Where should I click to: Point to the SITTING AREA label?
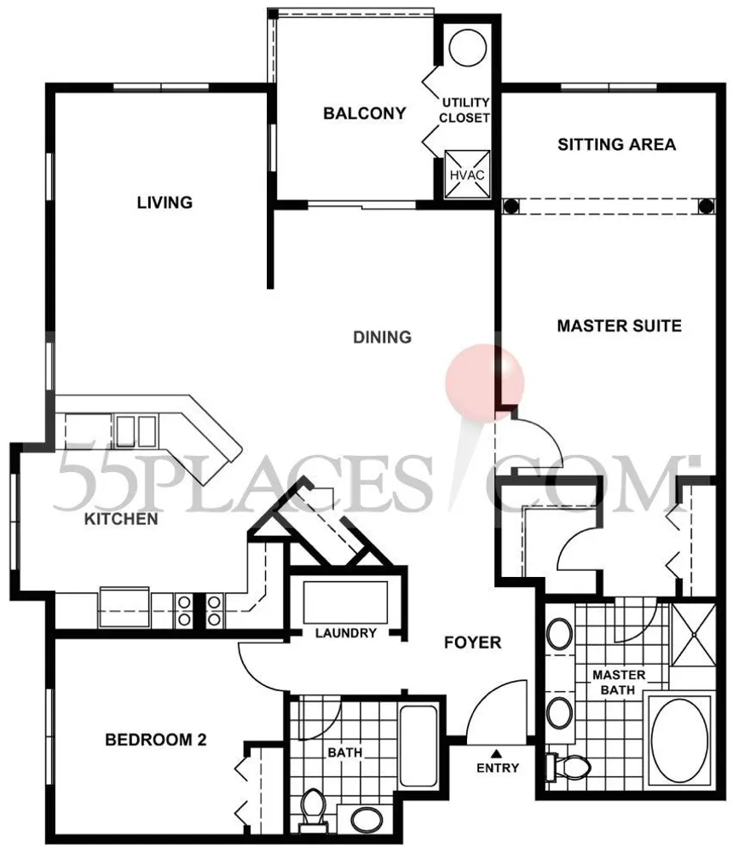tap(616, 144)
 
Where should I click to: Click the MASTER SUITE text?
tap(619, 325)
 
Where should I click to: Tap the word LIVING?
tap(164, 202)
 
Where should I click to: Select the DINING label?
tap(382, 337)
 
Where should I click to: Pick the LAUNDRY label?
tap(345, 633)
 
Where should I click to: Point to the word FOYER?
tap(472, 643)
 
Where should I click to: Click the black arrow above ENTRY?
tap(498, 752)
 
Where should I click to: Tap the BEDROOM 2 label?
tap(156, 740)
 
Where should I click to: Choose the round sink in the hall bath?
tap(367, 819)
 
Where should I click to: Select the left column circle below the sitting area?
tap(511, 205)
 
